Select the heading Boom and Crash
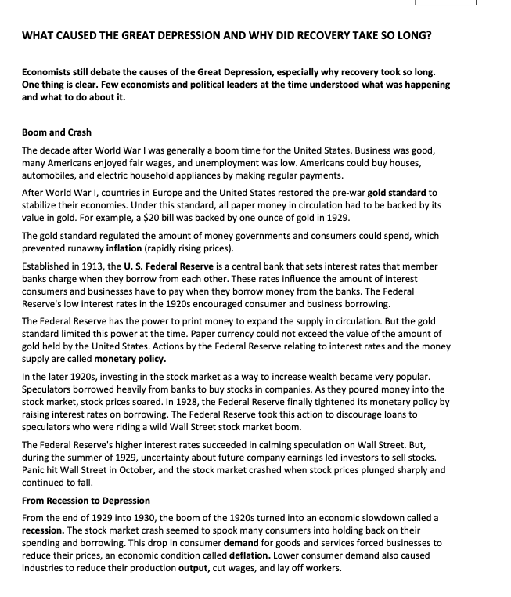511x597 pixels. (56, 132)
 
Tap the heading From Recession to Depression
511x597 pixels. (86, 500)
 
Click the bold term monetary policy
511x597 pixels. (131, 359)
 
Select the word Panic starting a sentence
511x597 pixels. (35, 469)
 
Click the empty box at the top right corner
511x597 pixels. (445, 2)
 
